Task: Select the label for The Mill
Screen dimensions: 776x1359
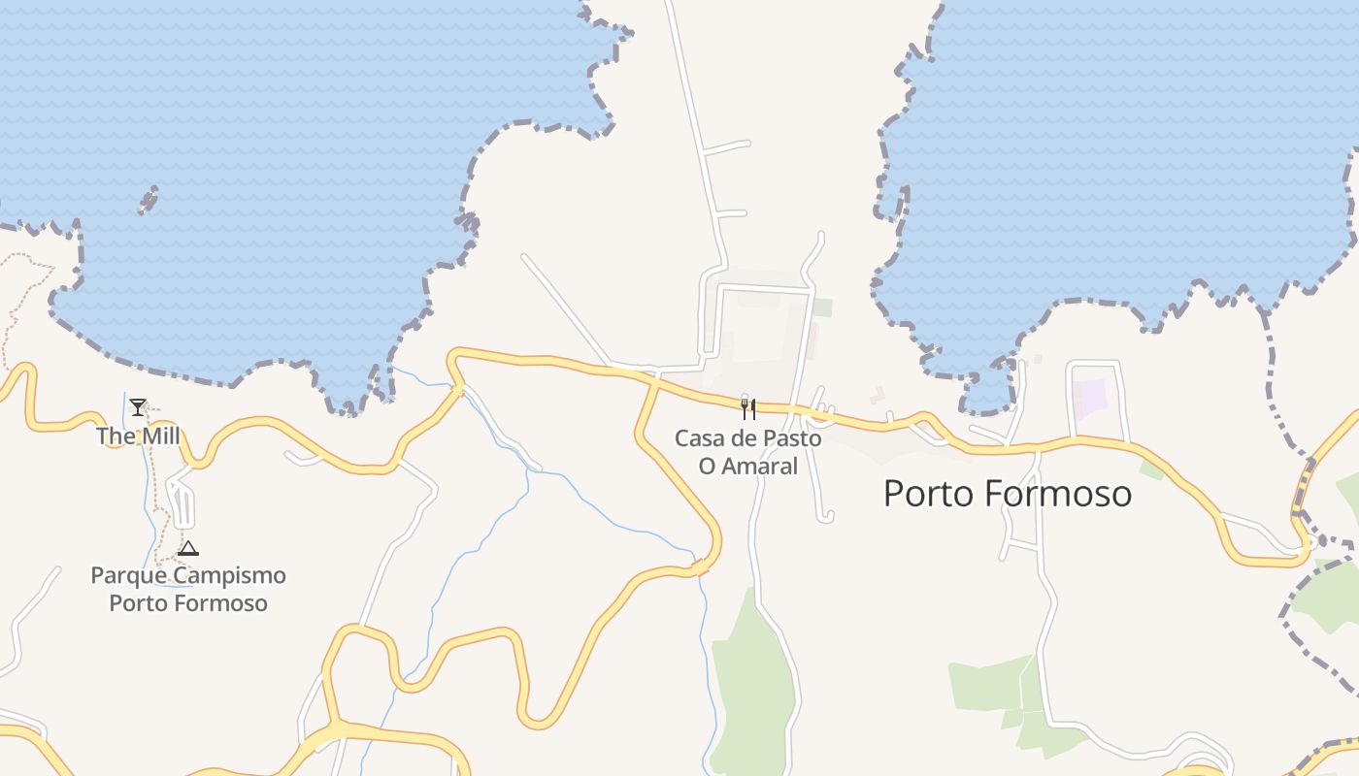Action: point(138,436)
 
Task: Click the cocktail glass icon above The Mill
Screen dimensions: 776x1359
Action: point(138,406)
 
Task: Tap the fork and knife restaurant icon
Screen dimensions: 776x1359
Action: point(747,408)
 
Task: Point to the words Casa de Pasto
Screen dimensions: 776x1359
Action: point(747,438)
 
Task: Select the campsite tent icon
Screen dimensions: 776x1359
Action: point(187,548)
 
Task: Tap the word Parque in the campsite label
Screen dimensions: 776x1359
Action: point(123,575)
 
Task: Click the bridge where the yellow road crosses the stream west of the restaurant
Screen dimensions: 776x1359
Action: point(460,390)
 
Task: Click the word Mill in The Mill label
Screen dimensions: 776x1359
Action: point(159,436)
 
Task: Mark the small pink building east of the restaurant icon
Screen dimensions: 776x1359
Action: point(879,395)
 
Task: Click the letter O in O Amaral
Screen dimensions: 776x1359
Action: point(707,467)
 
